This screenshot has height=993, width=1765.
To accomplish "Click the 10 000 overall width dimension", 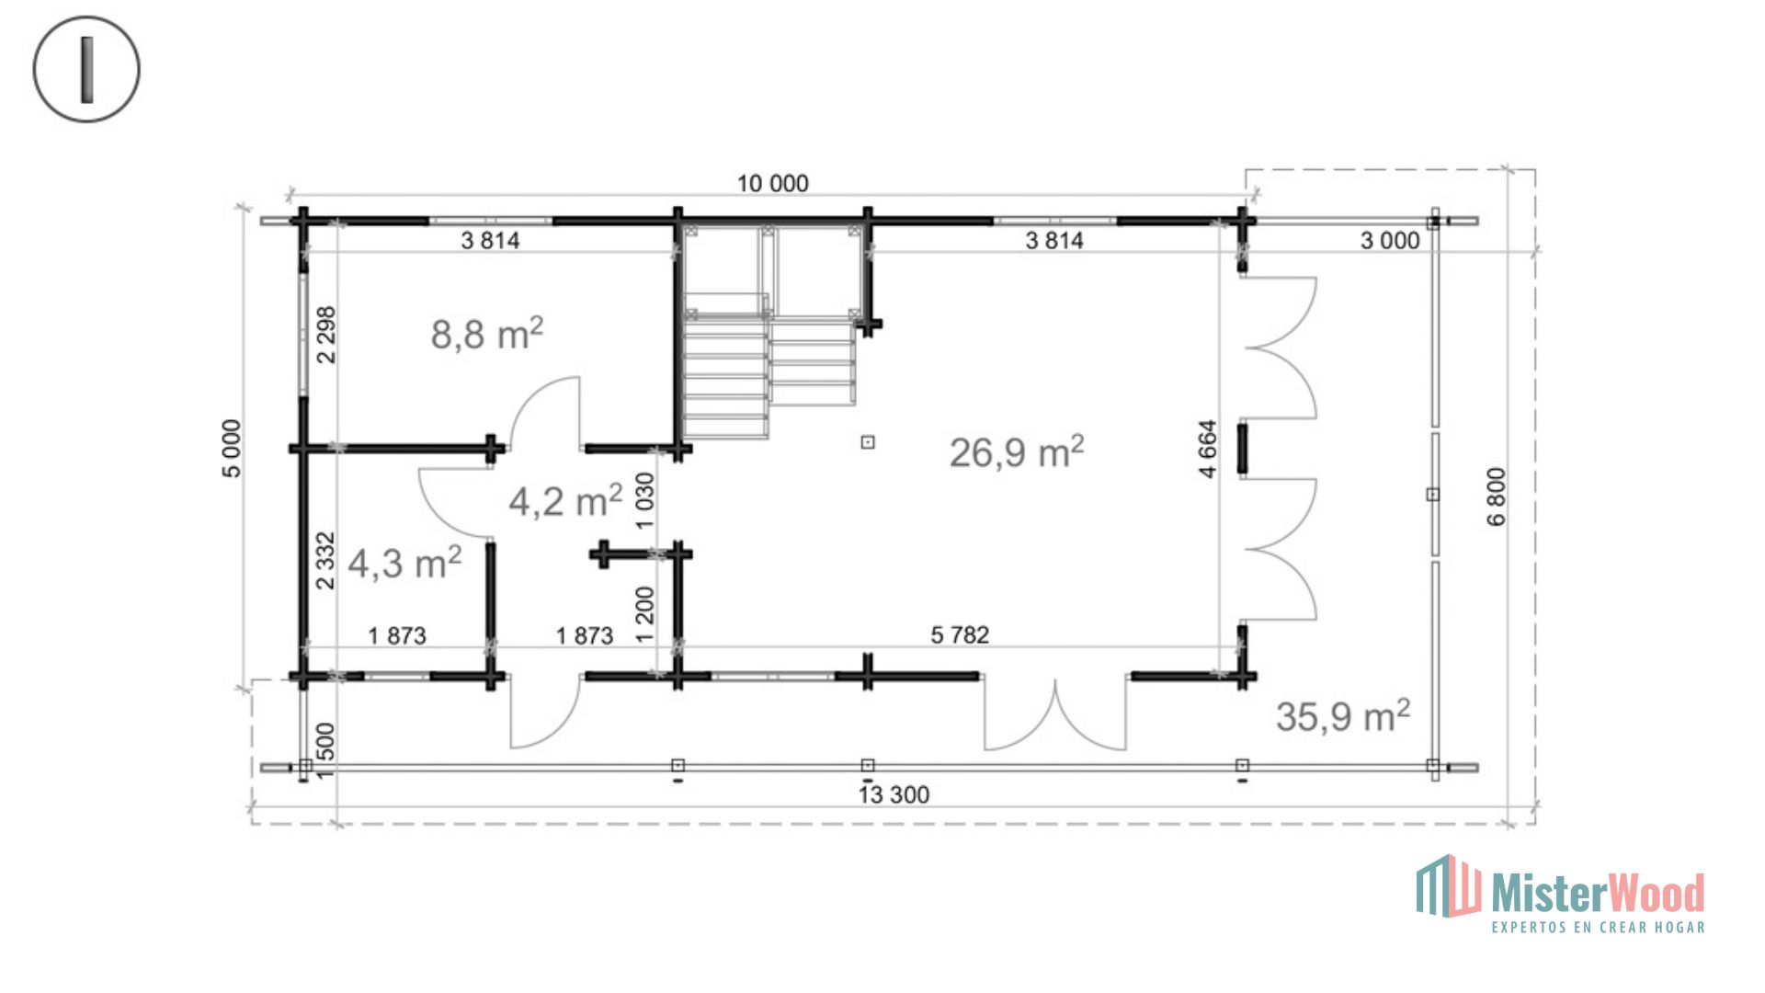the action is [x=773, y=184].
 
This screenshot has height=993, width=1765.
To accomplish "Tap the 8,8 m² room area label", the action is [x=487, y=334].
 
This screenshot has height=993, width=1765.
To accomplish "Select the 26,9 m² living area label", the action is [x=1017, y=452].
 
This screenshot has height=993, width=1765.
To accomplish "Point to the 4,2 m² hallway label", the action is [x=565, y=501].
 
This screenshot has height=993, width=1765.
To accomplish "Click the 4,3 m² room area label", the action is [x=404, y=563].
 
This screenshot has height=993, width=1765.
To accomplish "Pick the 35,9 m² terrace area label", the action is [x=1343, y=716].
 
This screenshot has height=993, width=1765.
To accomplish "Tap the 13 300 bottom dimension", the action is [x=894, y=794].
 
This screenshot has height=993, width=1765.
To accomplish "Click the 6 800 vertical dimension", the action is [x=1497, y=496].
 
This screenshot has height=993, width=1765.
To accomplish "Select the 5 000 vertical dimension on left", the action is [x=232, y=449].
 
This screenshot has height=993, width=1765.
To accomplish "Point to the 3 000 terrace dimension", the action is [x=1390, y=241].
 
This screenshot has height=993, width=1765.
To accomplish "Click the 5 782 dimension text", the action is [x=960, y=635].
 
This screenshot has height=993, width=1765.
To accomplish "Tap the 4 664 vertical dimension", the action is [x=1208, y=449].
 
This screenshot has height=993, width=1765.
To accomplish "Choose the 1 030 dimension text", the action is [x=645, y=500].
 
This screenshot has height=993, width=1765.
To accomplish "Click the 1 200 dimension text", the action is [x=645, y=614].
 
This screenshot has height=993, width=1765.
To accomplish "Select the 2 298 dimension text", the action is [x=326, y=335].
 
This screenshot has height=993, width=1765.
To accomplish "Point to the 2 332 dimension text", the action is [x=325, y=561].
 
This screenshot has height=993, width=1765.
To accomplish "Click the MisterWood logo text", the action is [x=1599, y=893].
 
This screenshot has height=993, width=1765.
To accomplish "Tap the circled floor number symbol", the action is [x=86, y=69].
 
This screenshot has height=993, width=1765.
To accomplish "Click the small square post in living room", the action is [x=868, y=442].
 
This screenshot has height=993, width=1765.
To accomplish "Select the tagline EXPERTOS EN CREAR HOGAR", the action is [x=1599, y=927].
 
